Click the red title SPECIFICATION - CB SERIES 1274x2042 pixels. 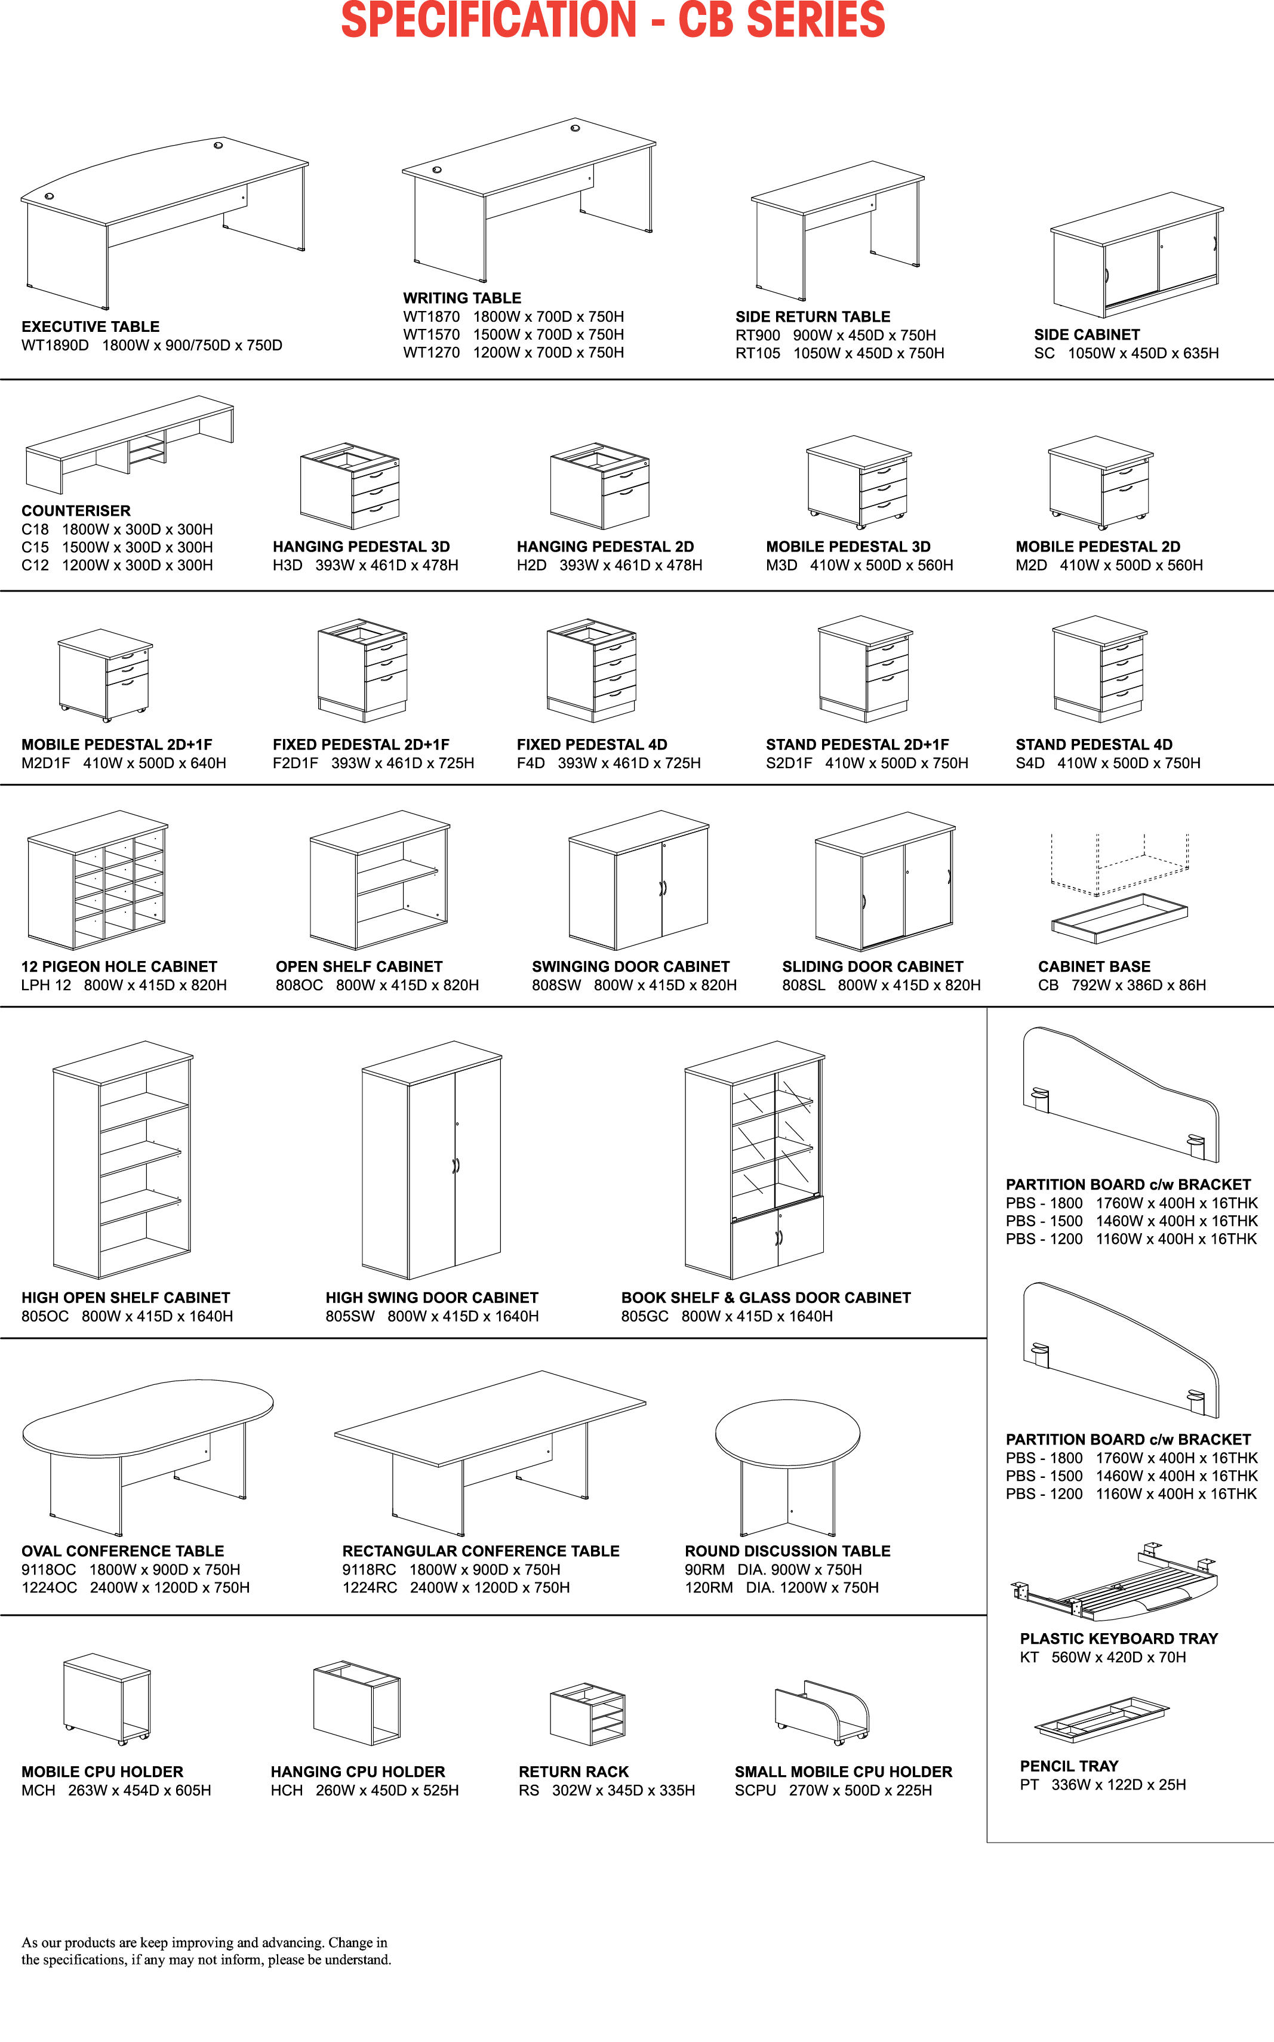[613, 20]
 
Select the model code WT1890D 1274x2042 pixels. [55, 346]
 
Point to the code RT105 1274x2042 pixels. [758, 353]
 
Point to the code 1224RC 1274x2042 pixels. [369, 1587]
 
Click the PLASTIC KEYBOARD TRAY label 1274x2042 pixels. [1118, 1638]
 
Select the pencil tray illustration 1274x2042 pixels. [1101, 1718]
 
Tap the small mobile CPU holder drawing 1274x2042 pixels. [821, 1712]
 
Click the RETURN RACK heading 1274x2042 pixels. [573, 1772]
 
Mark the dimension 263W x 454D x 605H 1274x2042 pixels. [139, 1790]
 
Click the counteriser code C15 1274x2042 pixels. [35, 547]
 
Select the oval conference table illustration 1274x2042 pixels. [147, 1453]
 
